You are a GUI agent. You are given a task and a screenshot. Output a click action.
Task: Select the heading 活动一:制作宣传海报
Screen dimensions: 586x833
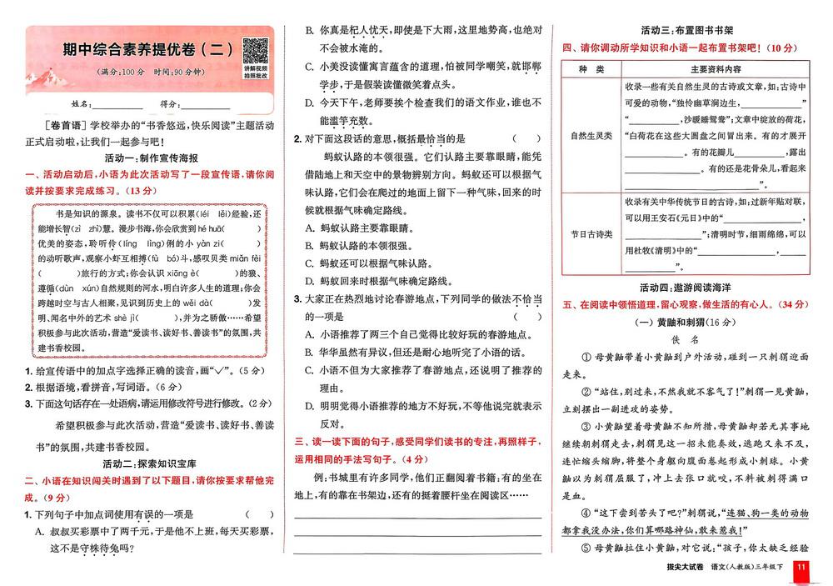(x=151, y=158)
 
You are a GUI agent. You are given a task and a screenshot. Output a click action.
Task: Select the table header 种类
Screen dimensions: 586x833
(x=591, y=68)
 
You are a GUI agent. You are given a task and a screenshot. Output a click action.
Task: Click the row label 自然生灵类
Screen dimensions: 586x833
(x=591, y=133)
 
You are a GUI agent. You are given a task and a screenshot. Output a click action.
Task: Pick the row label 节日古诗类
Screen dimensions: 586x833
(x=591, y=234)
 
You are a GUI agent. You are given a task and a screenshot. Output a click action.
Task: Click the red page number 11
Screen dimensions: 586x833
(x=801, y=568)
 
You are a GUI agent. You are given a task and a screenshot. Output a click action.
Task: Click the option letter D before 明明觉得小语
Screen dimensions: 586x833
(x=309, y=406)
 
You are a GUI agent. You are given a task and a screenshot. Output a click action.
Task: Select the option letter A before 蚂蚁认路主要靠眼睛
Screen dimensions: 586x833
(x=309, y=227)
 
